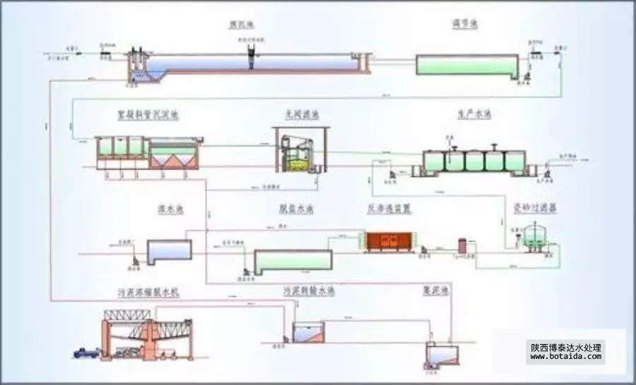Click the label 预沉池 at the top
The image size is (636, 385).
coord(241,25)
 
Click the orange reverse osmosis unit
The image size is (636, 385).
coord(386,241)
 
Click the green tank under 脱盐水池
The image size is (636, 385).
coord(293,262)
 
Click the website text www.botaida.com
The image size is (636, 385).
coord(565,357)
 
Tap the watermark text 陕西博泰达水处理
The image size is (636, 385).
coord(565,348)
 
